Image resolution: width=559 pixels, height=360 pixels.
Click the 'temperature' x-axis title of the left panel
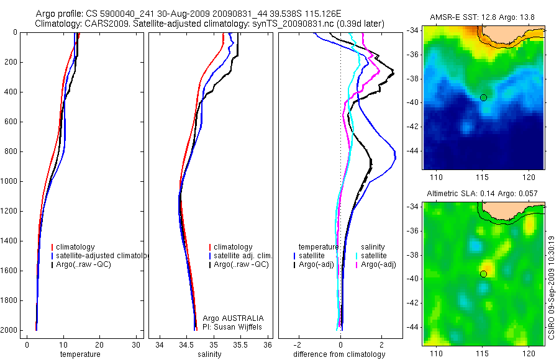pyautogui.click(x=80, y=354)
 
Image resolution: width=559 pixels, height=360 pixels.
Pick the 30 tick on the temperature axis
pyautogui.click(x=136, y=344)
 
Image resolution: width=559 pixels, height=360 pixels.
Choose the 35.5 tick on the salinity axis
pyautogui.click(x=241, y=344)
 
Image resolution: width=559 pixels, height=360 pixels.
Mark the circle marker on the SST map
pyautogui.click(x=483, y=97)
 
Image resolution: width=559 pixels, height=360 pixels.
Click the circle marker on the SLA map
pyautogui.click(x=483, y=274)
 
